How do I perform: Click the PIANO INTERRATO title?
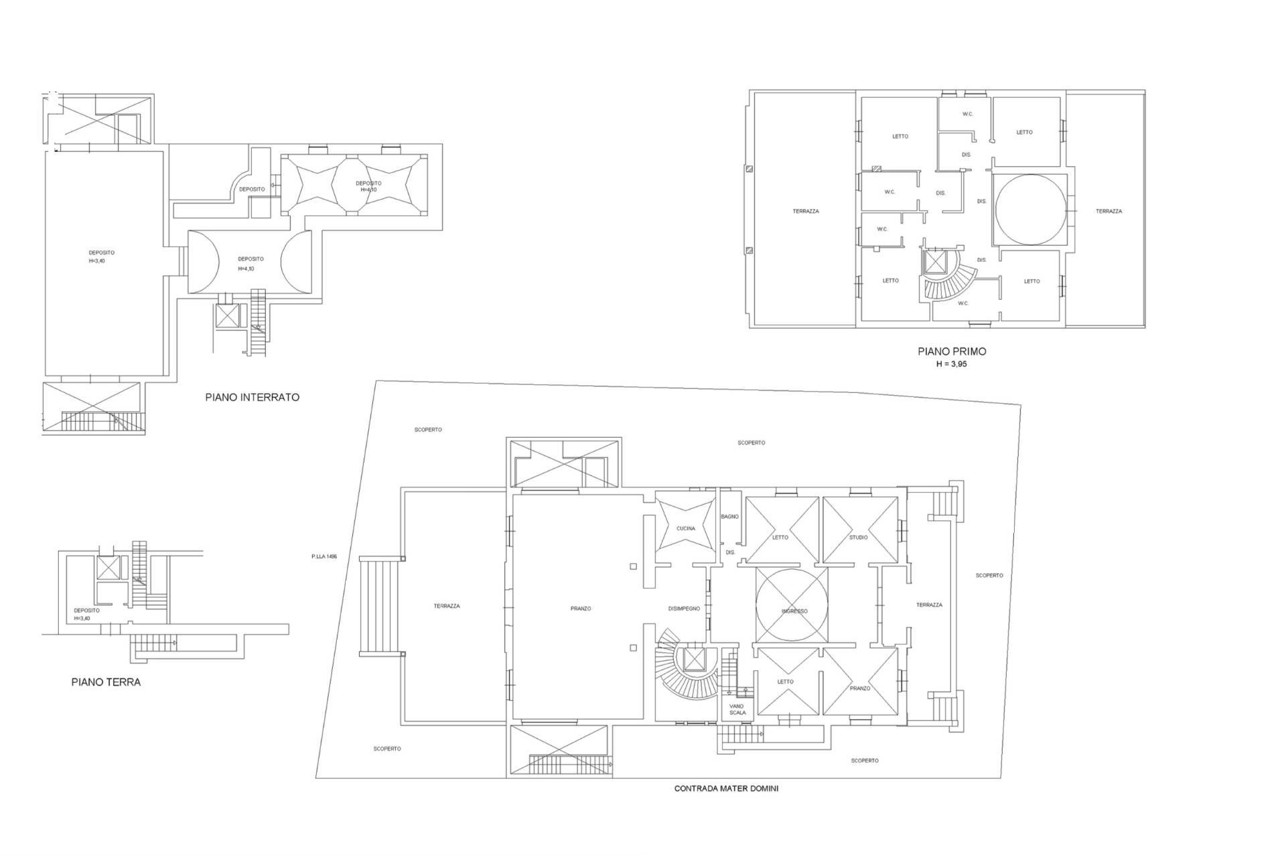click(252, 397)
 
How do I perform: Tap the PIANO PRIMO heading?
click(952, 351)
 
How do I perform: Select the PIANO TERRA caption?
click(106, 682)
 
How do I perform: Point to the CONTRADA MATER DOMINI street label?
click(726, 789)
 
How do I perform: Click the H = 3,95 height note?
click(952, 364)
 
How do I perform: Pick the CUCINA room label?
click(686, 528)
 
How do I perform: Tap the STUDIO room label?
click(859, 537)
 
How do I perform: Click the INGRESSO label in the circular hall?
click(794, 611)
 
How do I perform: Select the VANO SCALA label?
click(737, 709)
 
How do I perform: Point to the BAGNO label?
click(730, 517)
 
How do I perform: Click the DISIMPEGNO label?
click(684, 609)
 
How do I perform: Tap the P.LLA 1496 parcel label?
click(324, 556)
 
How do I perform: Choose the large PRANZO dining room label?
click(581, 609)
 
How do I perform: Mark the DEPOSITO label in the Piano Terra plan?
click(86, 614)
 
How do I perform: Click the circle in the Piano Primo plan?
click(1029, 210)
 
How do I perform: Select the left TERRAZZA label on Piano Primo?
click(806, 211)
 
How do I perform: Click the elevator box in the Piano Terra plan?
click(108, 568)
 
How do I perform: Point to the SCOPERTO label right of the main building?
click(989, 575)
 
